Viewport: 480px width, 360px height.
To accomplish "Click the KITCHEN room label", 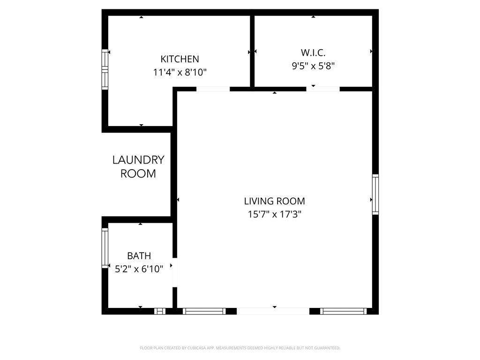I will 180,59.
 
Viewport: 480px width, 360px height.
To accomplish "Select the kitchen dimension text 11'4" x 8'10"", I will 180,73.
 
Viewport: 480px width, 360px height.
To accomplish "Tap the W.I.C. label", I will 313,52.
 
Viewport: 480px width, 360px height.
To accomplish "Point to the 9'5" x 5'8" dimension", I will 313,66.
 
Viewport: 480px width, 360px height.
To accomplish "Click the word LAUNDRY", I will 138,160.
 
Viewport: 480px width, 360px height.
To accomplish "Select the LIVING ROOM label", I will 274,201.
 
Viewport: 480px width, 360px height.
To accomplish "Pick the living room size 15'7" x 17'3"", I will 274,215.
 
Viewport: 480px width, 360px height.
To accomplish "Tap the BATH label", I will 139,256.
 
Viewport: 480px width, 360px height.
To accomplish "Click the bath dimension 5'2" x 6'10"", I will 139,269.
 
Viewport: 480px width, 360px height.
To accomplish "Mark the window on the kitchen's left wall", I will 105,70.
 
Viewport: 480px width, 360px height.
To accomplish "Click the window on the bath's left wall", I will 105,248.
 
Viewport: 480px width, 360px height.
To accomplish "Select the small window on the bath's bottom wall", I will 160,311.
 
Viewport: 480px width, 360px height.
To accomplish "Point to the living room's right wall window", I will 375,195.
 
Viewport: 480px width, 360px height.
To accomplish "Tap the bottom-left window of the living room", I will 204,311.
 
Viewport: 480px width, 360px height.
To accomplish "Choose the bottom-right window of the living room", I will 344,311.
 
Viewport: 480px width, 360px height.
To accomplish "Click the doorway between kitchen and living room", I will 213,89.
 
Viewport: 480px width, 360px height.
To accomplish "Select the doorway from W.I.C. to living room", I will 323,89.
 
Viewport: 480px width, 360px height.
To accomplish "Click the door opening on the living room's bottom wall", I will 273,311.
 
